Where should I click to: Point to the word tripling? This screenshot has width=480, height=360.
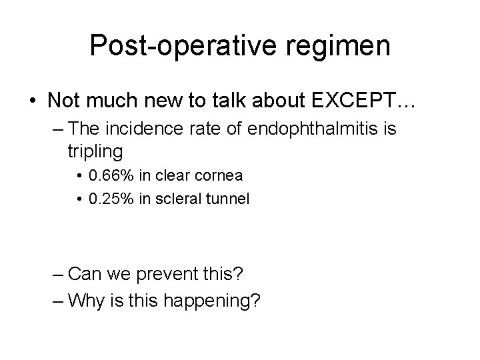95,151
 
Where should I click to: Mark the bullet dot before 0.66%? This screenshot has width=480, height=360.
81,177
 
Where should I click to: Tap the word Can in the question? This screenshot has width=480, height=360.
85,274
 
